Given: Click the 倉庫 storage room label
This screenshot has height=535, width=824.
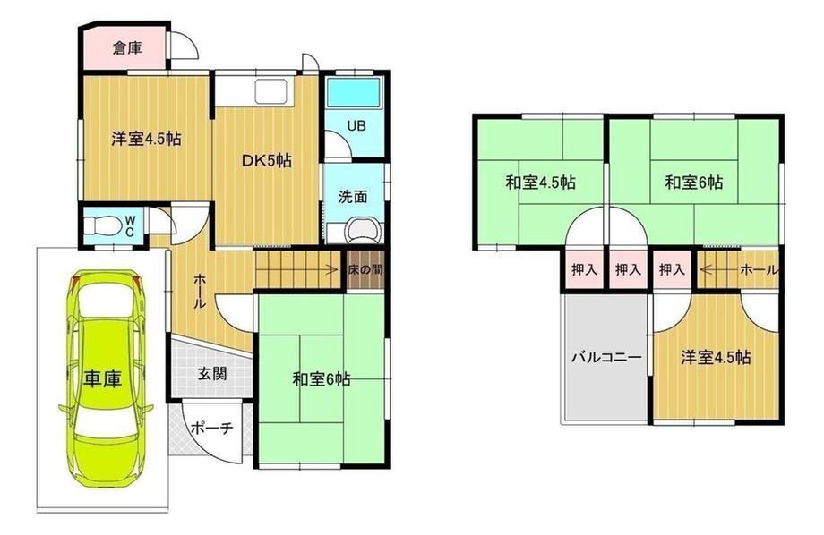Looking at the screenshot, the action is click(x=127, y=48).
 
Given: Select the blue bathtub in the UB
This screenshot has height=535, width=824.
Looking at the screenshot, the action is click(x=353, y=93).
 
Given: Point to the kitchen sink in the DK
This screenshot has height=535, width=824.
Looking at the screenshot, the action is click(x=271, y=92).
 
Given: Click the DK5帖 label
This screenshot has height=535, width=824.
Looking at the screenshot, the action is click(x=266, y=161).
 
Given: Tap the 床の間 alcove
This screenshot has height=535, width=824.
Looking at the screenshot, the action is click(x=365, y=270).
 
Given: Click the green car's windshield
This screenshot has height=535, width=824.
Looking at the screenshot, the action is click(x=105, y=303).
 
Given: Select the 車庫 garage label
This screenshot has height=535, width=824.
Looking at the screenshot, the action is click(x=102, y=378).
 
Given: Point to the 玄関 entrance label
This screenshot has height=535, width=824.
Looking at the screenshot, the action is click(x=211, y=374).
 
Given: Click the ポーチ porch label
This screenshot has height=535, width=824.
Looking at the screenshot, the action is click(x=211, y=428).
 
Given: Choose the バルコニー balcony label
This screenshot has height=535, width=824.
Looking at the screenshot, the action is click(x=606, y=358).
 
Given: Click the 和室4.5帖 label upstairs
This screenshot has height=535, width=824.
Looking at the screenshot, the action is click(x=540, y=183).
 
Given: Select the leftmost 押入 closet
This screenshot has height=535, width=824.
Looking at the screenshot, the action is click(x=584, y=270).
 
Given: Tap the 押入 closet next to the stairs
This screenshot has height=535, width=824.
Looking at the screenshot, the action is click(x=673, y=270).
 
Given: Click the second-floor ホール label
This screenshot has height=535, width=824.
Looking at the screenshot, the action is click(x=759, y=270).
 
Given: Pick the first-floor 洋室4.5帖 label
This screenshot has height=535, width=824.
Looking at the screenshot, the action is click(x=146, y=139).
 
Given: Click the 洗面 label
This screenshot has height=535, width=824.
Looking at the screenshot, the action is click(x=353, y=197).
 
